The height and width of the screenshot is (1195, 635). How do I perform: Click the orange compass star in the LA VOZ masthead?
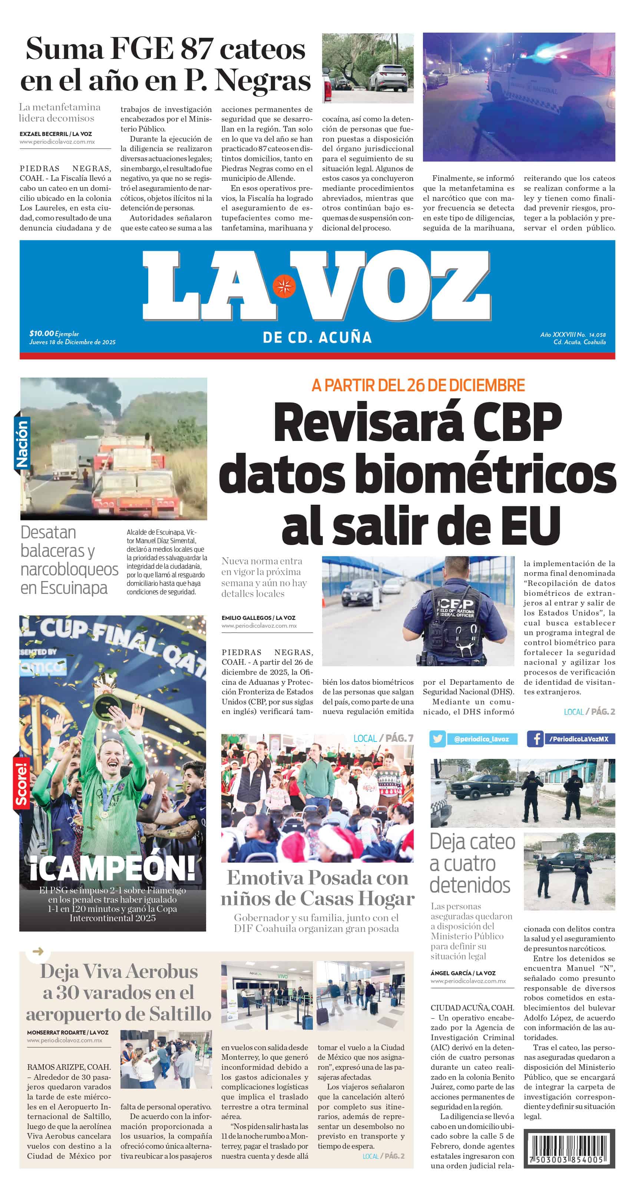pyautogui.click(x=284, y=286)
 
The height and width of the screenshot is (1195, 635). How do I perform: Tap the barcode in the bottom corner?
pyautogui.click(x=569, y=1147)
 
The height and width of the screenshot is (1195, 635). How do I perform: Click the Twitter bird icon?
pyautogui.click(x=437, y=738)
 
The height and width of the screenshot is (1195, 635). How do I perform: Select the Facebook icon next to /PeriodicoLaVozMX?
pyautogui.click(x=535, y=738)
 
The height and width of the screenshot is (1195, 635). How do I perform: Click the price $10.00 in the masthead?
pyautogui.click(x=41, y=333)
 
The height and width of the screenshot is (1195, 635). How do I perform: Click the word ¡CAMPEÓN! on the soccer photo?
pyautogui.click(x=112, y=868)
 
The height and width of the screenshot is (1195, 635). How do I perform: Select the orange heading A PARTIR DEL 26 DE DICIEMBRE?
pyautogui.click(x=418, y=385)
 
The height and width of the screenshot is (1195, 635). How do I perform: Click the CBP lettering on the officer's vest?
pyautogui.click(x=455, y=604)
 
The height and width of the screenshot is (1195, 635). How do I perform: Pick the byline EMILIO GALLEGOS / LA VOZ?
pyautogui.click(x=258, y=617)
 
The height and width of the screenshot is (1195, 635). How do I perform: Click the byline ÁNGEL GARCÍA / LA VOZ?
pyautogui.click(x=463, y=973)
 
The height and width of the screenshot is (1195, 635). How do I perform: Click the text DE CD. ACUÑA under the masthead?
pyautogui.click(x=317, y=337)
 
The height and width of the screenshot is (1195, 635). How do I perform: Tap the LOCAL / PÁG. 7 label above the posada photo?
pyautogui.click(x=383, y=738)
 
